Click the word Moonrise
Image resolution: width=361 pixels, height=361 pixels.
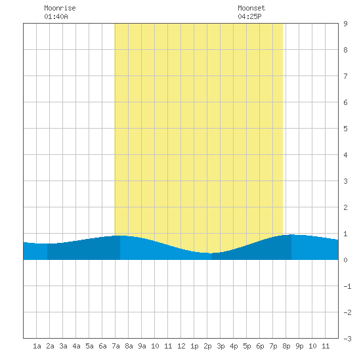pos(60,8)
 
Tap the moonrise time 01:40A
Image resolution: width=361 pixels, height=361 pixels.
pos(56,16)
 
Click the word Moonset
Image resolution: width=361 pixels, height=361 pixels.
pos(251,8)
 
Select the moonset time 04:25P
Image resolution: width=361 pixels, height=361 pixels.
pos(249,16)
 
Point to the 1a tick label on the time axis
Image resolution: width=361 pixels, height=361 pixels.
pos(37,346)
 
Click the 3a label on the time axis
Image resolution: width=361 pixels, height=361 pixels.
pos(63,346)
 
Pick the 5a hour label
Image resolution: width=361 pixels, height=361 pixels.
pos(89,346)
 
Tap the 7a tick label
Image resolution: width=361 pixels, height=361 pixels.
pos(116,346)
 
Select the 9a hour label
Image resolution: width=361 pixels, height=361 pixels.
pos(142,346)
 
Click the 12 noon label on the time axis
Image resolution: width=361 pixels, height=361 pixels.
pos(181,346)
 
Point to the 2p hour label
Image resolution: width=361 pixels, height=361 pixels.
pos(207,346)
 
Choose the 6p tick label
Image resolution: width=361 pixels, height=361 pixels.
pos(260,346)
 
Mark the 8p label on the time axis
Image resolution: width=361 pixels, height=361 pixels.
pos(286,346)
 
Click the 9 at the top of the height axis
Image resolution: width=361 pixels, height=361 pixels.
pos(345,24)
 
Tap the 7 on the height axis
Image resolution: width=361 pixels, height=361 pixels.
pos(345,76)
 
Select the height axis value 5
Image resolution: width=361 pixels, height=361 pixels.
pos(345,129)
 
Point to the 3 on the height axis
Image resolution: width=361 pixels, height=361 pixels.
pos(345,181)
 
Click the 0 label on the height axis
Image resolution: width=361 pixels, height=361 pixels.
pos(345,260)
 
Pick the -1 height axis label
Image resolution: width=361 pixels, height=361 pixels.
pos(347,286)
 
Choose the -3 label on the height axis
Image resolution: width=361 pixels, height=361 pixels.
pos(347,339)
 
